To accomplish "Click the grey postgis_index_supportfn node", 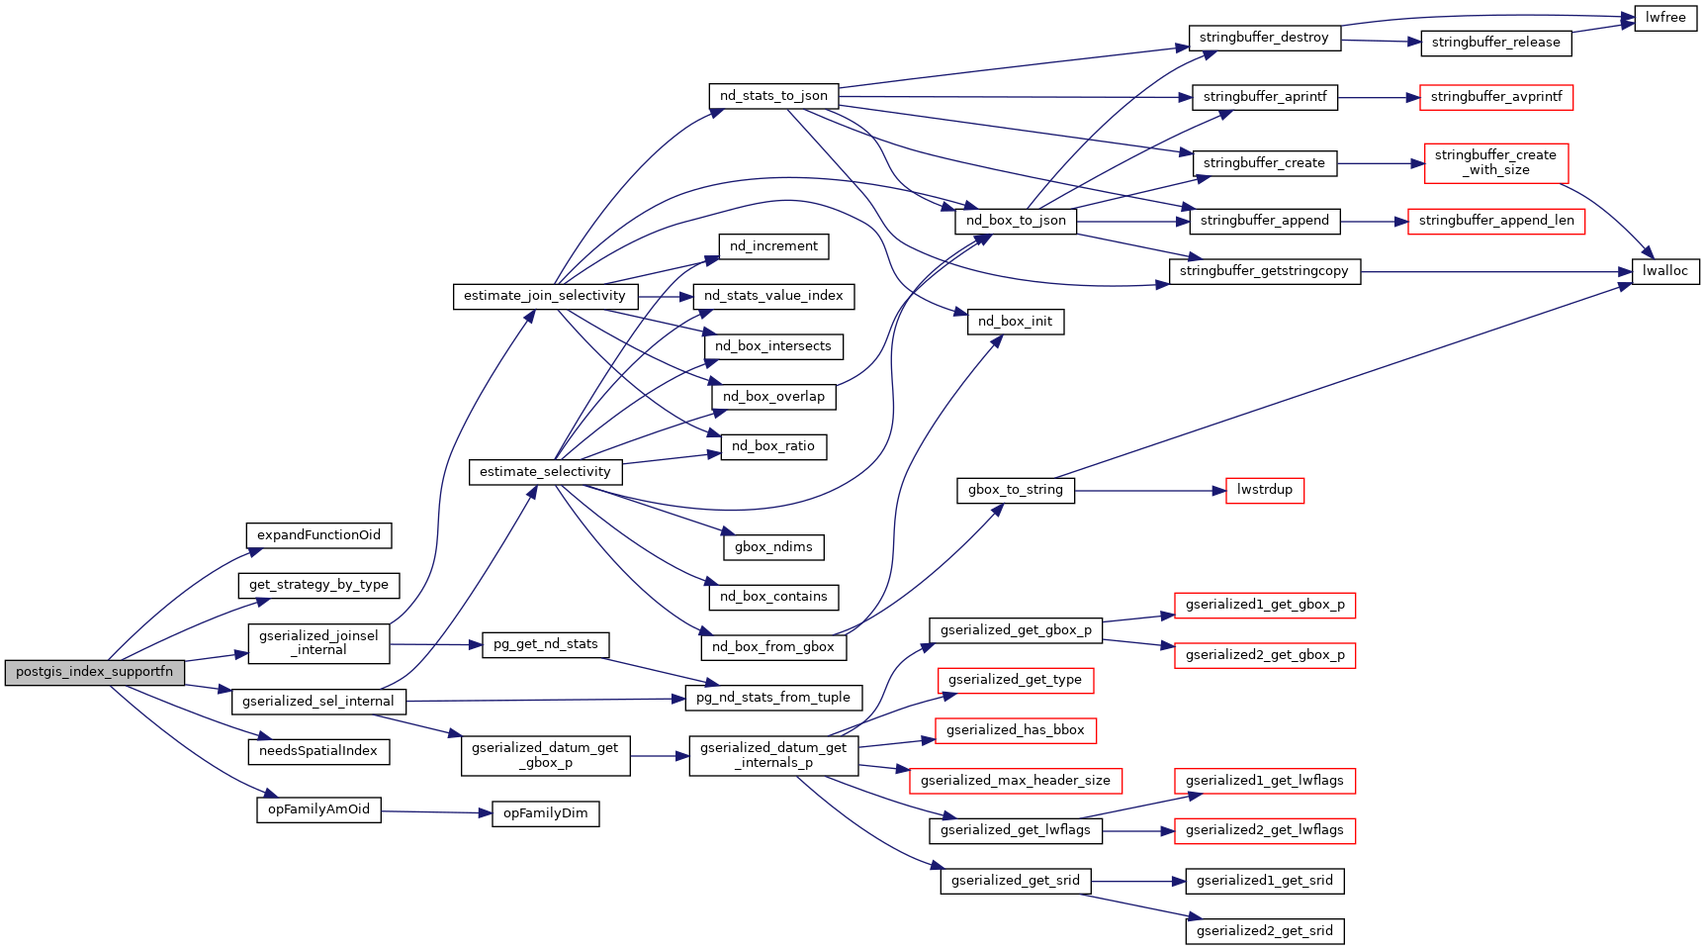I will (x=94, y=672).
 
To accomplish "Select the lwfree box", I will (x=1665, y=18).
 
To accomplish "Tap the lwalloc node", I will (x=1665, y=271).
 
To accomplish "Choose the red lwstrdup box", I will (x=1264, y=490).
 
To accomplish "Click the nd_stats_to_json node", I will (x=773, y=96).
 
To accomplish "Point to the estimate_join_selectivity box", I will (x=544, y=296).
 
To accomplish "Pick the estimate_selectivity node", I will (x=545, y=472).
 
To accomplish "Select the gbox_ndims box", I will (x=773, y=547).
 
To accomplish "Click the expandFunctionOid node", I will (x=318, y=535).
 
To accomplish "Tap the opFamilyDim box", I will (x=545, y=813).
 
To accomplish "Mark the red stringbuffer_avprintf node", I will (x=1495, y=97).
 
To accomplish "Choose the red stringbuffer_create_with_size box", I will (x=1495, y=162).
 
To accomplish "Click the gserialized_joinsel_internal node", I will (x=318, y=643).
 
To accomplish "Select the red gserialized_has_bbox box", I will (x=1015, y=730).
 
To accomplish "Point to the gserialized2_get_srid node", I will (x=1264, y=931).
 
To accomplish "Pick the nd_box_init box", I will (x=1015, y=322).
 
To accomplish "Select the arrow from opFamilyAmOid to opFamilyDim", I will (x=436, y=812).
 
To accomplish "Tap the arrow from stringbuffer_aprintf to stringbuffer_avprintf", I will (x=1379, y=98).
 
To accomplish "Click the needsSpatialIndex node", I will (x=318, y=751).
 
